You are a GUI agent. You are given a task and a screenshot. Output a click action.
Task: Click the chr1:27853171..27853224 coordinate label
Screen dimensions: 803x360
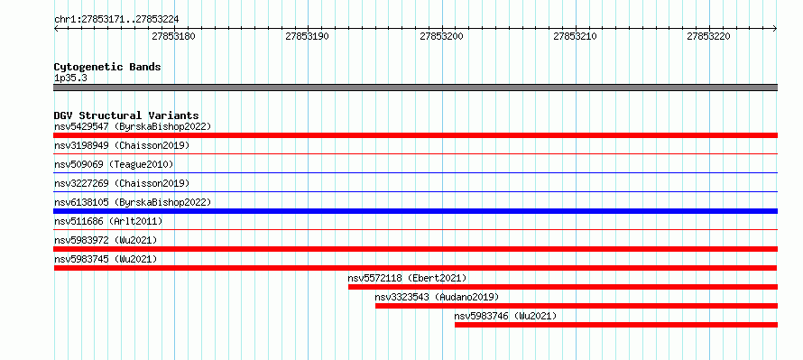(x=116, y=20)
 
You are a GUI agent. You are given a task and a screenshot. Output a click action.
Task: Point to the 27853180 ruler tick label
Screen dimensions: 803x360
(x=174, y=36)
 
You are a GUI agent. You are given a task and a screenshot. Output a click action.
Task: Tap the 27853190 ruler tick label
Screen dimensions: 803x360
(x=308, y=36)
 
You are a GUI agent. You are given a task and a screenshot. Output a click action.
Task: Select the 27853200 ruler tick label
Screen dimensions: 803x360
(x=441, y=36)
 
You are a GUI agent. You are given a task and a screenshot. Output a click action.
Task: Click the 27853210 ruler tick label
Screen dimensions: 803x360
(x=575, y=36)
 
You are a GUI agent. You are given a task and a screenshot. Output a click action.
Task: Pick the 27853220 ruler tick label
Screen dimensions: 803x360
(x=709, y=36)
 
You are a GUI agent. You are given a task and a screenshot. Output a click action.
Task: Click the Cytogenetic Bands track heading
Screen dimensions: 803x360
(x=107, y=67)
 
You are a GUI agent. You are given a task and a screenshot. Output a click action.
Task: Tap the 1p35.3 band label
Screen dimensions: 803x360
(x=69, y=78)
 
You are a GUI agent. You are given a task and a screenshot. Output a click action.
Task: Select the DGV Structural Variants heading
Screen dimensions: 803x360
(x=126, y=115)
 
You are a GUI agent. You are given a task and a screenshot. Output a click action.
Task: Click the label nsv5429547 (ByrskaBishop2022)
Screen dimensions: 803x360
(x=133, y=126)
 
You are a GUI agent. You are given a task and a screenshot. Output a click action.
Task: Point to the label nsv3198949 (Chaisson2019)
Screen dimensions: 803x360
(x=122, y=145)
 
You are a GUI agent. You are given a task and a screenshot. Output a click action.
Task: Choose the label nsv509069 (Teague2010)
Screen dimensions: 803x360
(x=114, y=164)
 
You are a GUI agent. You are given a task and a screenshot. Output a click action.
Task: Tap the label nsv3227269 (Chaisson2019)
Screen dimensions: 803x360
(x=122, y=183)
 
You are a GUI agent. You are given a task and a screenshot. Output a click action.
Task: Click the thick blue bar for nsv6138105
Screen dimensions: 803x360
(x=415, y=211)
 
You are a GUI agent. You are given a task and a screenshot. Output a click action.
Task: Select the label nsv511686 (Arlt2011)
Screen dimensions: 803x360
(x=108, y=221)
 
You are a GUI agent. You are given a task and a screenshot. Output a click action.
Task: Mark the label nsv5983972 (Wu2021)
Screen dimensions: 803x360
(x=106, y=240)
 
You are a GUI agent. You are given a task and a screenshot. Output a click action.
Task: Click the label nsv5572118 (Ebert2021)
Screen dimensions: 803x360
(x=407, y=278)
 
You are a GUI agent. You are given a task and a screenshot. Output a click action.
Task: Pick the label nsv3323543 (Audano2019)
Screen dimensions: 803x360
(x=437, y=297)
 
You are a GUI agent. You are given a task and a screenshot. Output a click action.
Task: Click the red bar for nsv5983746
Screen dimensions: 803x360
(x=616, y=325)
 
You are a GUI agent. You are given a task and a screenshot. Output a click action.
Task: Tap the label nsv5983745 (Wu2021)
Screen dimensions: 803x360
(x=106, y=259)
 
